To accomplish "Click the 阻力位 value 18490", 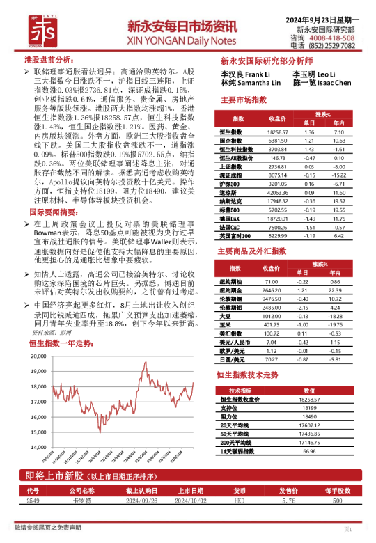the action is click(x=309, y=416).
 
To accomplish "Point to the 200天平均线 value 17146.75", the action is click(x=309, y=442).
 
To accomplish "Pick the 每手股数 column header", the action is click(x=338, y=490).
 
